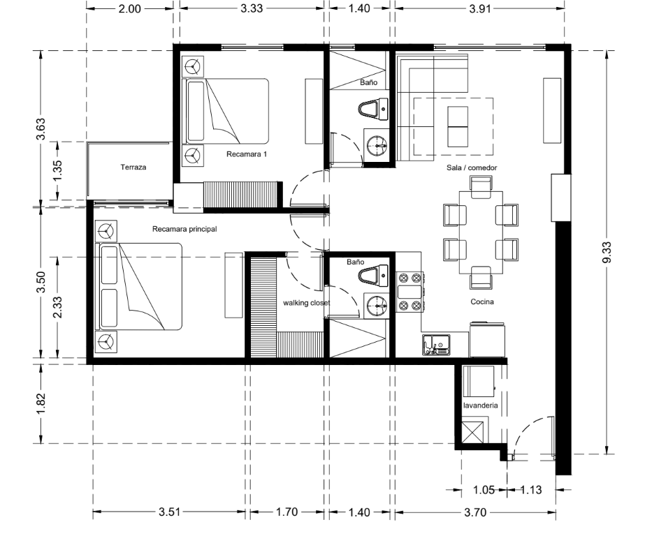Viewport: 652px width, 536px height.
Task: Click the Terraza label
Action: pos(133,167)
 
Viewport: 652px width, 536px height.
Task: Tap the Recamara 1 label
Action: pos(247,154)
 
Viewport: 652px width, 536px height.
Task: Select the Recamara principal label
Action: pos(184,229)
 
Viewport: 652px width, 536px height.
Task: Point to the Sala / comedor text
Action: pos(472,167)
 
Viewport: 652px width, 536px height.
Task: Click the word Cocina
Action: pos(482,301)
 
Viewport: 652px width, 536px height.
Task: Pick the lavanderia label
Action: pos(480,405)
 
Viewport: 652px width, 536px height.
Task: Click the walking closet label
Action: pos(307,303)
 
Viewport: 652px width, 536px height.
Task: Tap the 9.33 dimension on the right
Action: pos(607,252)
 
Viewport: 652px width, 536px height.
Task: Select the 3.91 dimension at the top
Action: pos(480,8)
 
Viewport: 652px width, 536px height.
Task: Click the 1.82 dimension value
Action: pos(41,403)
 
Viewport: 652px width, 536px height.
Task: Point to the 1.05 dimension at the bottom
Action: pos(484,490)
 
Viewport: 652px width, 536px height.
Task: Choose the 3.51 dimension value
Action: pos(170,512)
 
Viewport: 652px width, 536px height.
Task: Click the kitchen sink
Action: pos(436,345)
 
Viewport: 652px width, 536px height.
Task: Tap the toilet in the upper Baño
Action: pos(373,109)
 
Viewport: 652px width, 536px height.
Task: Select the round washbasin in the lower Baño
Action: pos(376,306)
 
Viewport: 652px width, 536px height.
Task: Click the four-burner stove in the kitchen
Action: pos(410,292)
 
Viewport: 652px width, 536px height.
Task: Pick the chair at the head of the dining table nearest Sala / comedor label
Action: pos(481,187)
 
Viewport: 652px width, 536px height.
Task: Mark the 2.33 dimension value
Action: pos(57,307)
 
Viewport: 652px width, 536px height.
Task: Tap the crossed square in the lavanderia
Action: pos(473,432)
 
